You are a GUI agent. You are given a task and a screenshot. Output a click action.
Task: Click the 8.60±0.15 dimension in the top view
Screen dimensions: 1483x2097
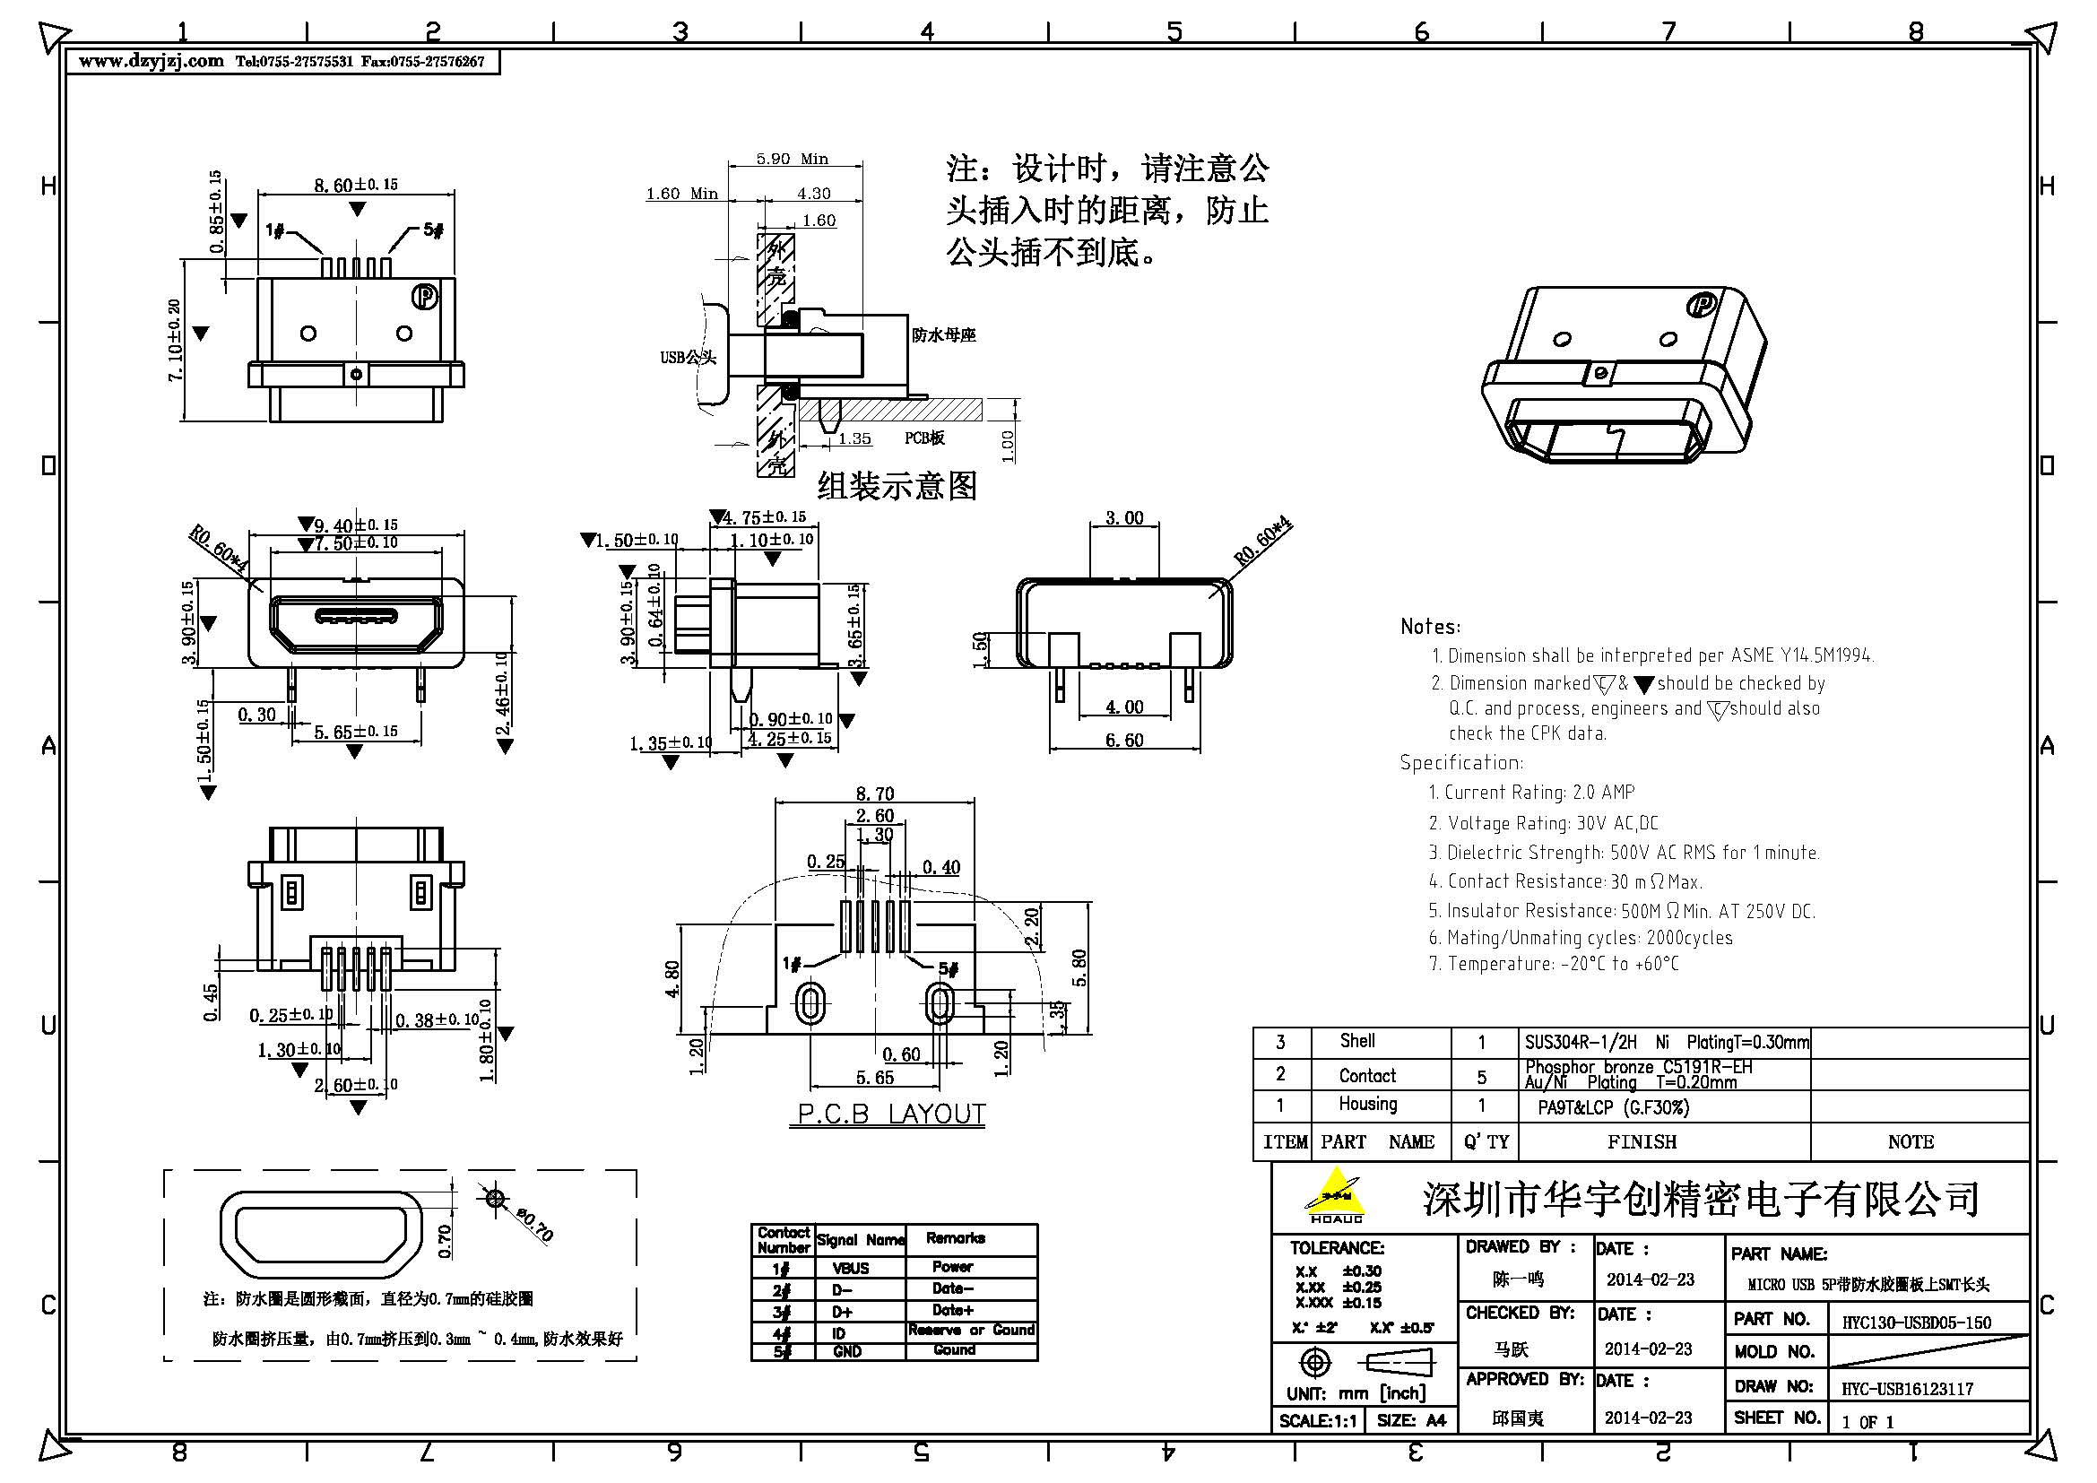(355, 186)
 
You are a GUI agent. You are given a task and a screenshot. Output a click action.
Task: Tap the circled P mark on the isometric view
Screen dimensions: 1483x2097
(1701, 305)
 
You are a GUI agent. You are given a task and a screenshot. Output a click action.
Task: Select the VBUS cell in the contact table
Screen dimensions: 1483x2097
(850, 1269)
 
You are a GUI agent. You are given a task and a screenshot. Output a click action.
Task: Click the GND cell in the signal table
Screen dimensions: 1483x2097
(846, 1351)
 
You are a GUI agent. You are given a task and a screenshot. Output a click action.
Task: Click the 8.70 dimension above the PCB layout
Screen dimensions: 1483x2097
(874, 794)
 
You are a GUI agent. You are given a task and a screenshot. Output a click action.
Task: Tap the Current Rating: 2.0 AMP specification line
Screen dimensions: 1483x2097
(1530, 793)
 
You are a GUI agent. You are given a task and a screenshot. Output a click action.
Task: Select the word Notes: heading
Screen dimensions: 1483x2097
(1429, 627)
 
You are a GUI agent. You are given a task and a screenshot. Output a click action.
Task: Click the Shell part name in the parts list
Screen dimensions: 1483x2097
(1357, 1041)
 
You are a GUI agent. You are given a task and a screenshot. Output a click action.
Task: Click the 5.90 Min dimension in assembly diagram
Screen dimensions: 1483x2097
(791, 159)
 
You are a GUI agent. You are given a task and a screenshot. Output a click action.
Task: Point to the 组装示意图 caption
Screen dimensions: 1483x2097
(896, 486)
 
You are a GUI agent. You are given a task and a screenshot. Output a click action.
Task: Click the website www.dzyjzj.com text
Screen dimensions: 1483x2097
(151, 61)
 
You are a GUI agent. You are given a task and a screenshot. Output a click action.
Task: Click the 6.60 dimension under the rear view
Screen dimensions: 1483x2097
(1123, 740)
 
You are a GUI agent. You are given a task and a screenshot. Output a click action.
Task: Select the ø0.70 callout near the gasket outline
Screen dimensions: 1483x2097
(534, 1224)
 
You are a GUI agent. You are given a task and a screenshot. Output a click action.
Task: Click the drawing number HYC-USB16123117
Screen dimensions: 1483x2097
(1907, 1389)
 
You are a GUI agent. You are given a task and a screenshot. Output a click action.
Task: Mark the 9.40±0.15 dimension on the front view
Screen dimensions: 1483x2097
(355, 525)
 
